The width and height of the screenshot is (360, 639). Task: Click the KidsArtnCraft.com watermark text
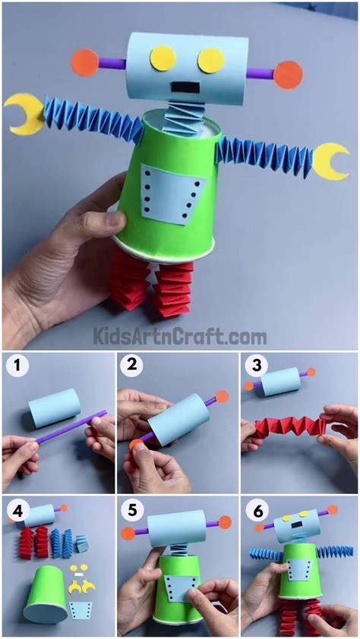(179, 335)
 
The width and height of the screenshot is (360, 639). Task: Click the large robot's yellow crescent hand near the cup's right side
(331, 162)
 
